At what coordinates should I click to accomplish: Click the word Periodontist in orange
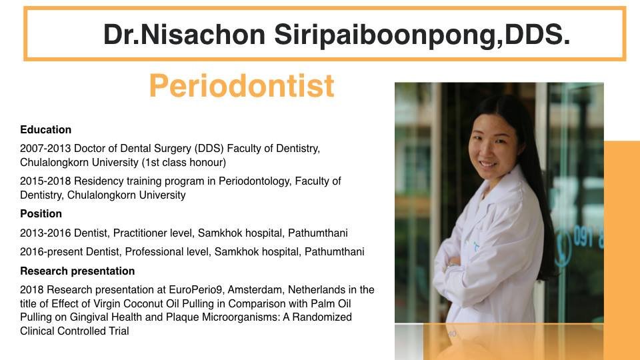[x=241, y=86]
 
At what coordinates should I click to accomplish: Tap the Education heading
[x=45, y=130]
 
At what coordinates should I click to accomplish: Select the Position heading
[x=41, y=214]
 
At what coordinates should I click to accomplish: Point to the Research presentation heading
[x=77, y=271]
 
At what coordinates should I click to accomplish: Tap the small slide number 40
[x=452, y=333]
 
